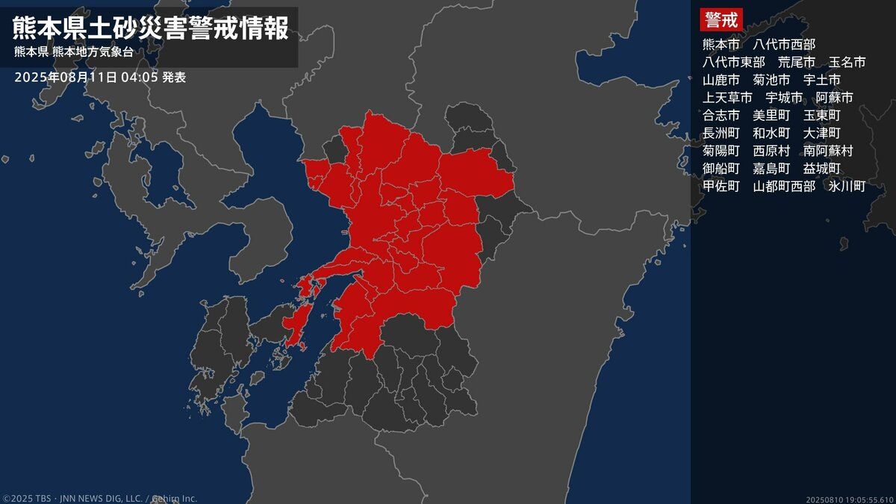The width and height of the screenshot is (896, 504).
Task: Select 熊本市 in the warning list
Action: pos(721,44)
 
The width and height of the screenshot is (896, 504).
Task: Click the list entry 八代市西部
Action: pos(784,44)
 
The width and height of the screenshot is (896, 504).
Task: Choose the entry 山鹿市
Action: pos(721,80)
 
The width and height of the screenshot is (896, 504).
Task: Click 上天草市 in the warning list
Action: pos(727,98)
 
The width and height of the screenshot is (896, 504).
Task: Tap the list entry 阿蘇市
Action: pos(835,98)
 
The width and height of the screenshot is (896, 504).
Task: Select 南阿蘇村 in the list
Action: pos(828,151)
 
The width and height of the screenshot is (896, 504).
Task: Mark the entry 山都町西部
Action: pos(784,187)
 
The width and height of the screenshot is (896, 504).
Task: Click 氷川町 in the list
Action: pos(847,187)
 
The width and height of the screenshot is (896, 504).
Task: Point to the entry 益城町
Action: pos(822,169)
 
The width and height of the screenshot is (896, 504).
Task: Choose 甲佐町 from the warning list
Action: pos(721,187)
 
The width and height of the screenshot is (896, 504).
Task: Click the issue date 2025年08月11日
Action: pos(66,77)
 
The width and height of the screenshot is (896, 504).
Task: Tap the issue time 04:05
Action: pos(140,77)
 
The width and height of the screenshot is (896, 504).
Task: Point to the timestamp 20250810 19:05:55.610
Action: pos(850,499)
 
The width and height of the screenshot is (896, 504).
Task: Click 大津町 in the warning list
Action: pos(822,133)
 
